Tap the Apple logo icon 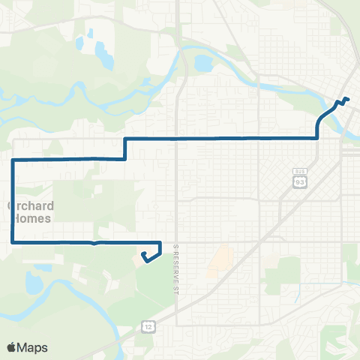pos(12,347)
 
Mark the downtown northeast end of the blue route pos(346,99)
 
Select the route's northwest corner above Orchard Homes pos(13,160)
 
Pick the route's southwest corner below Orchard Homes pos(13,242)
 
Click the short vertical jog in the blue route pos(124,148)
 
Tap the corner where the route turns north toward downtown pos(317,138)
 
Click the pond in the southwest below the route pos(34,283)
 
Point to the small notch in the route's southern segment pos(93,244)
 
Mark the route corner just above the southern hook pos(160,242)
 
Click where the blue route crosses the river pos(333,108)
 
